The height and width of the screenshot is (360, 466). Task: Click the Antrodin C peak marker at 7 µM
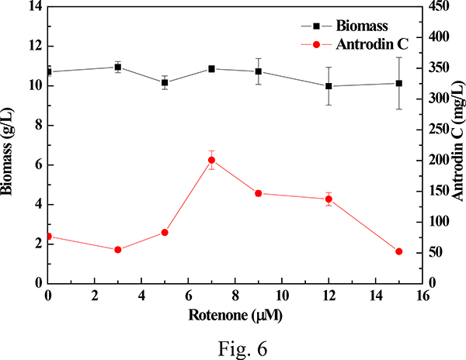[x=211, y=160]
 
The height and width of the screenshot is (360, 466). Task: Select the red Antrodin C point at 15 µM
[x=398, y=251]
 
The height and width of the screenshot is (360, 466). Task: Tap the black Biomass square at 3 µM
[x=118, y=67]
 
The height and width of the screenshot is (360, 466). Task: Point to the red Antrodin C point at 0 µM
[x=48, y=236]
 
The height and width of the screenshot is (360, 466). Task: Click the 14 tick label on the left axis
[x=32, y=7]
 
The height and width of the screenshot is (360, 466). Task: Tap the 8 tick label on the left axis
[x=36, y=125]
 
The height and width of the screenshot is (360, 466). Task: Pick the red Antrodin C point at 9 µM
[x=259, y=193]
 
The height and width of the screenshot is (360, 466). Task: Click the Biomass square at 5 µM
[x=165, y=82]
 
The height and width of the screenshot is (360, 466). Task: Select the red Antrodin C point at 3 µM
[x=118, y=250]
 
